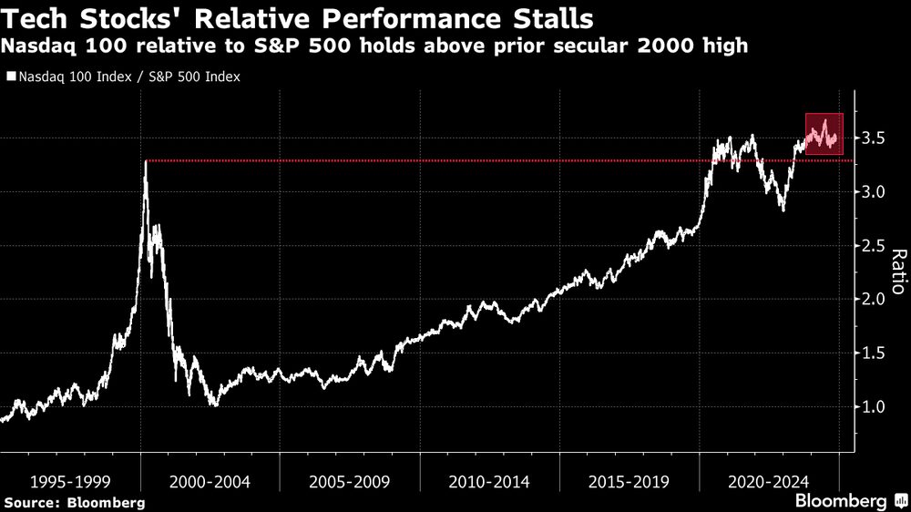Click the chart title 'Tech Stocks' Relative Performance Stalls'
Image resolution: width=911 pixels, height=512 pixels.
point(297,18)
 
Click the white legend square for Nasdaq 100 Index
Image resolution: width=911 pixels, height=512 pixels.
point(10,77)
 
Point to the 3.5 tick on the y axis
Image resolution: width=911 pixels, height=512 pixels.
point(875,138)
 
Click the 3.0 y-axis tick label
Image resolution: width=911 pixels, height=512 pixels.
point(875,192)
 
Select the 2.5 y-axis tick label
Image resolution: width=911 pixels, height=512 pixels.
point(875,246)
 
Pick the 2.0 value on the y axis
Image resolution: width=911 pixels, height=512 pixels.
point(875,300)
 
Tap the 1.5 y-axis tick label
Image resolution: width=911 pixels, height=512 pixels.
point(875,353)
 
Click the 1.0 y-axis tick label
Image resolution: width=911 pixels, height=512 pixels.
point(875,407)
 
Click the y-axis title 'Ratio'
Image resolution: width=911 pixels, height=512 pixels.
point(897,271)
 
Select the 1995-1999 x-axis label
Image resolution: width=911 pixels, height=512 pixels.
point(70,480)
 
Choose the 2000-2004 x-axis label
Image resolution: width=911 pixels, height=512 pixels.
point(210,480)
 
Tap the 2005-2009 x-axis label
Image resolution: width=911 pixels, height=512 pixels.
point(349,480)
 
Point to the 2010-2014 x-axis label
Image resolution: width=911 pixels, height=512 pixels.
point(489,480)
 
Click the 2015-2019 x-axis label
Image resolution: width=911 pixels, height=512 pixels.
point(629,480)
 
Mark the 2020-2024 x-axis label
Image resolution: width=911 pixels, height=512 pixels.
point(768,480)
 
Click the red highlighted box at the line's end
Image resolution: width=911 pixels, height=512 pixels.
point(824,134)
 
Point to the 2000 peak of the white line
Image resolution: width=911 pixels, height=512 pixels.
point(146,162)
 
